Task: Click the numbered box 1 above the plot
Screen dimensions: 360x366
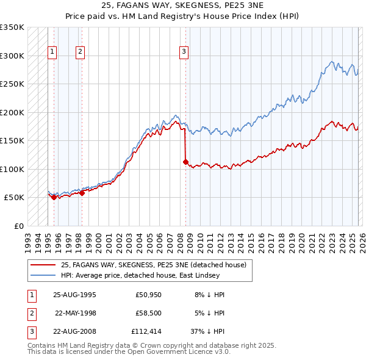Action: (53, 52)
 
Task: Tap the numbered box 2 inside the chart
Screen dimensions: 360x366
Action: (81, 52)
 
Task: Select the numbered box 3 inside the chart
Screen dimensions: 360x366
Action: (184, 52)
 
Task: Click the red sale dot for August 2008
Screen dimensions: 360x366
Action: (185, 162)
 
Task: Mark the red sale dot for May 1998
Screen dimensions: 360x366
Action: (82, 193)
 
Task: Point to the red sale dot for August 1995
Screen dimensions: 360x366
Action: (54, 197)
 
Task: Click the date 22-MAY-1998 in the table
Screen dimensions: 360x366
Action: (76, 313)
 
